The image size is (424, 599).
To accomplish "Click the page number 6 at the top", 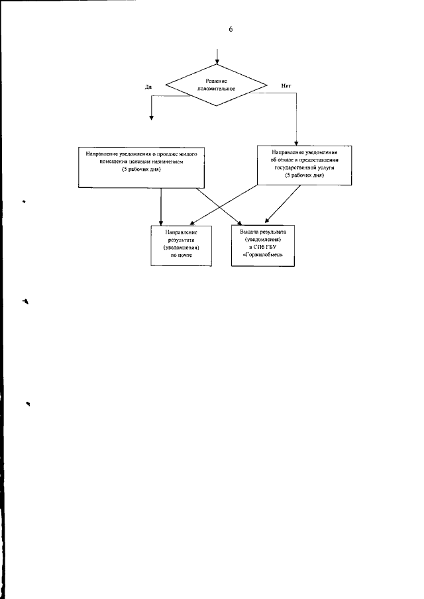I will (231, 28).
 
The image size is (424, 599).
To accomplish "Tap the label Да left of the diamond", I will (148, 86).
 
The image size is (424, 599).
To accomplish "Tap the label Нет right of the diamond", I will (286, 86).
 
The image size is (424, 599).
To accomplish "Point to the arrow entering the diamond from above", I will (217, 56).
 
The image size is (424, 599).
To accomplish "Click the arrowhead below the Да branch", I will (152, 117).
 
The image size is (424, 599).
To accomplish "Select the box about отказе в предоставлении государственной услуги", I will (295, 166).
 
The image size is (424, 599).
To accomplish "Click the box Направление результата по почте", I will (182, 246).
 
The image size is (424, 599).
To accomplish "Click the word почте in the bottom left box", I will (182, 254).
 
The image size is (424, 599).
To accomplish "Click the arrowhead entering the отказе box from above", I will (295, 142).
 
